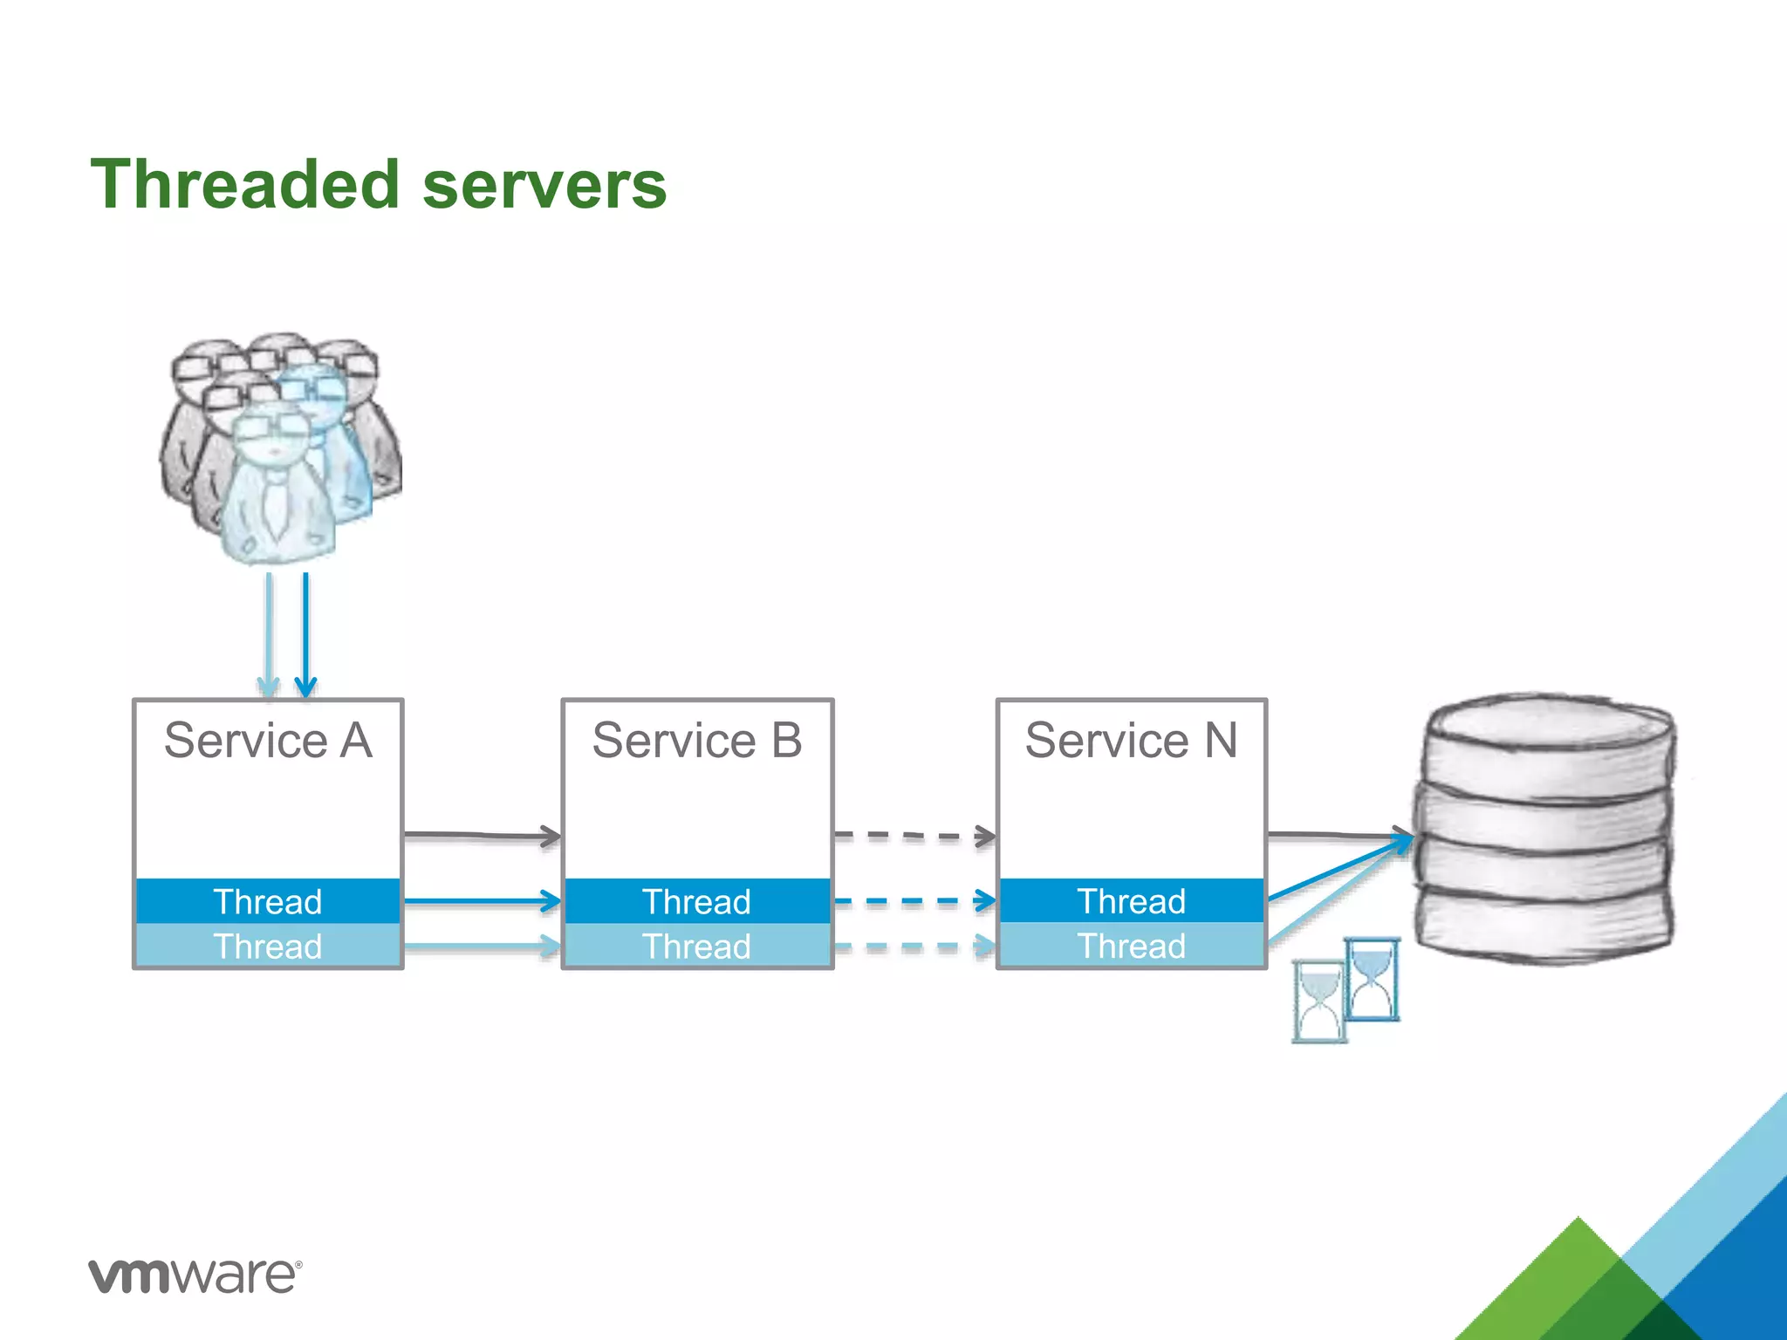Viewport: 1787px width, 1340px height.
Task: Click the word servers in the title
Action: (x=544, y=185)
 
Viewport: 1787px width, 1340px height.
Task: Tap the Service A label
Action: (x=268, y=741)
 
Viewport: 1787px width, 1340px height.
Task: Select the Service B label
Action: (x=696, y=741)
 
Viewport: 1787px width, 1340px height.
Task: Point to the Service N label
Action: (x=1131, y=741)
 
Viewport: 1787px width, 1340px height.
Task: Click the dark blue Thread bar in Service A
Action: (x=268, y=901)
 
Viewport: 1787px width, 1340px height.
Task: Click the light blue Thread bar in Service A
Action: (x=268, y=947)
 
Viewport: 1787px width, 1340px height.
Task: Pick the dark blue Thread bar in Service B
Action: (x=696, y=901)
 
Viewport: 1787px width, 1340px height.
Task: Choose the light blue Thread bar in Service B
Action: (x=696, y=947)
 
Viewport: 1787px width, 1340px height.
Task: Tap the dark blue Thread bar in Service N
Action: (x=1131, y=901)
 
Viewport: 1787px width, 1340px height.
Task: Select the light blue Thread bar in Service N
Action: (x=1131, y=947)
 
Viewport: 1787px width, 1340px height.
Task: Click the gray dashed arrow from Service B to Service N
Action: (x=913, y=836)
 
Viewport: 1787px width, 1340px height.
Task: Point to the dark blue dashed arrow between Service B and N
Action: (x=913, y=900)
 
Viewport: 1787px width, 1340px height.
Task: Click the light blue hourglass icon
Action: (x=1318, y=1002)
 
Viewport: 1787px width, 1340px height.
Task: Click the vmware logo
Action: (x=195, y=1275)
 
